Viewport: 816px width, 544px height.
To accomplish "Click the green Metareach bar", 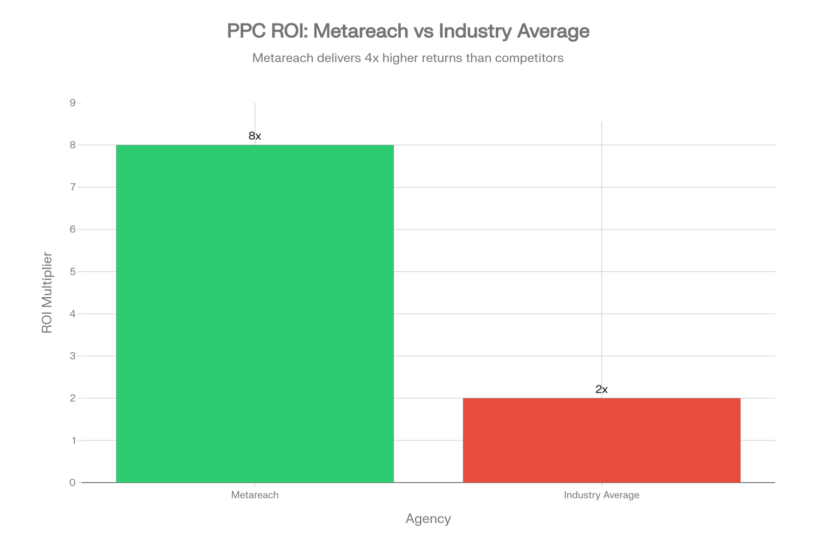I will point(255,314).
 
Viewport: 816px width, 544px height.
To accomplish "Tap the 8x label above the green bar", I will point(254,136).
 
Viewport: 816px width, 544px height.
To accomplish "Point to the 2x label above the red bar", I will point(601,390).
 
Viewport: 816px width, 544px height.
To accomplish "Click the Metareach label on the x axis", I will point(254,495).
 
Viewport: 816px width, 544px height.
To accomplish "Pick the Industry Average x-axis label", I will point(601,495).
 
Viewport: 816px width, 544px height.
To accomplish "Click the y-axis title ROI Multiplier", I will point(47,293).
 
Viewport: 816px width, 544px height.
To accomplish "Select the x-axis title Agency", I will point(428,519).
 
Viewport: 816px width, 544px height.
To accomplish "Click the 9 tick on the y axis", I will point(72,103).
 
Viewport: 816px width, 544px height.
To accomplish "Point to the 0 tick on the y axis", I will point(72,482).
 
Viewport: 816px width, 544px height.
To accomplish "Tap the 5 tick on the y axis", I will point(72,272).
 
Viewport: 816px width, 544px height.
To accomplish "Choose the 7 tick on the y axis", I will point(72,187).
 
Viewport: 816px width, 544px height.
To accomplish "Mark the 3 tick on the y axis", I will point(72,356).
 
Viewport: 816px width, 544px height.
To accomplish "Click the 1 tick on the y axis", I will point(72,441).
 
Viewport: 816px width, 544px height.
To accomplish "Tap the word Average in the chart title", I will point(553,31).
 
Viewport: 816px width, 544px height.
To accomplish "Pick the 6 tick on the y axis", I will point(72,229).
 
